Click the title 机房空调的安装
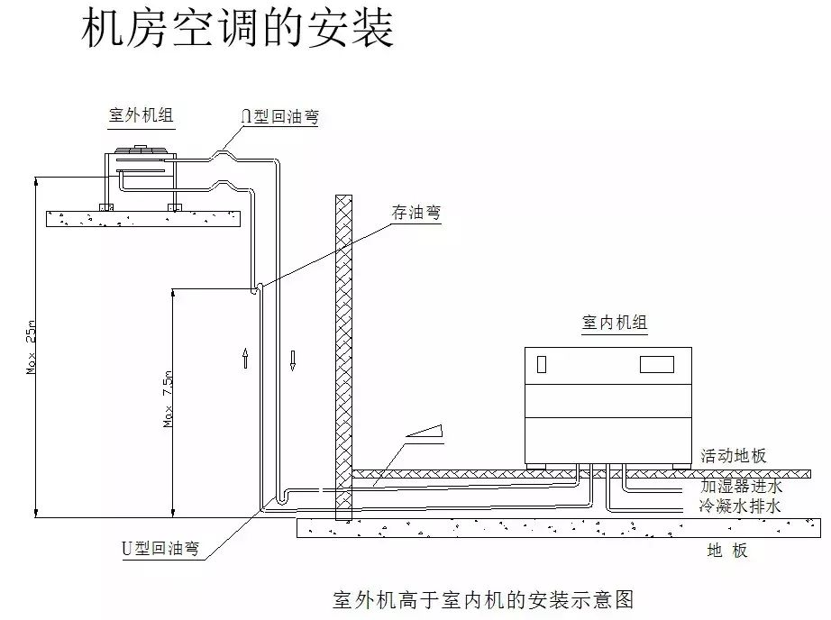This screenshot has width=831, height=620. click(238, 29)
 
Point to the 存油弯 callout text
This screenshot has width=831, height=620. click(415, 213)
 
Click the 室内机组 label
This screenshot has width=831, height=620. click(615, 323)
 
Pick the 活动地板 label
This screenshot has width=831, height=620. click(733, 456)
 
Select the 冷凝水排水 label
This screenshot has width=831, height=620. click(740, 506)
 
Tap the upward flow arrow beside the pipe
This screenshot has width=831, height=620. click(245, 359)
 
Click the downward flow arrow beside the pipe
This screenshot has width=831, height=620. click(293, 359)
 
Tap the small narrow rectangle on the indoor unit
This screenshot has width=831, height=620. click(542, 365)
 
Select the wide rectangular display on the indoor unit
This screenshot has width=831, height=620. click(657, 364)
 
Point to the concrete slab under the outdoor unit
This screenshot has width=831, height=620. click(144, 218)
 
